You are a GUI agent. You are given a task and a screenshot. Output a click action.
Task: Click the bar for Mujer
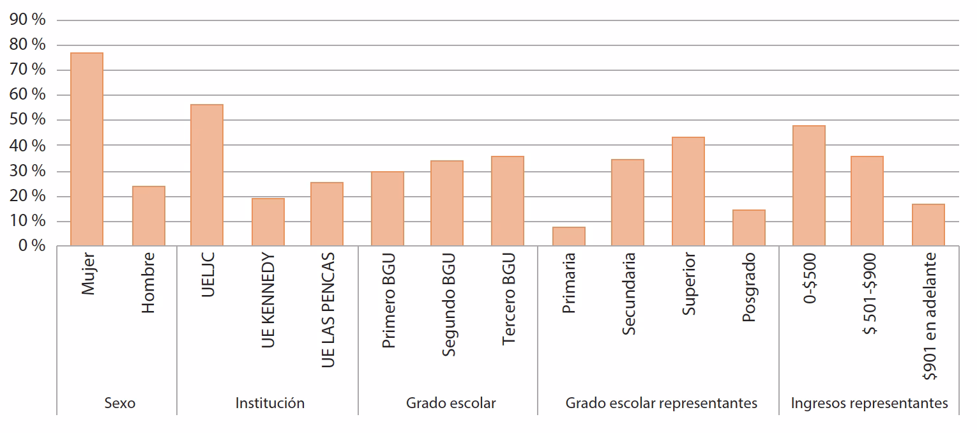coord(87,149)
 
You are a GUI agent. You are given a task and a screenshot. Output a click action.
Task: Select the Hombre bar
coord(148,216)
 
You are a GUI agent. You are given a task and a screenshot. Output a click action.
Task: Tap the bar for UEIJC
coord(207,175)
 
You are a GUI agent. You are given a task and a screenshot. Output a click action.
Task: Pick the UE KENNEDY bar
coord(268,222)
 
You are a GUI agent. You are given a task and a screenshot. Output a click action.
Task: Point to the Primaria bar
coord(568,236)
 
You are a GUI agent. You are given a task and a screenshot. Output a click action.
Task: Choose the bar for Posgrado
coord(748,228)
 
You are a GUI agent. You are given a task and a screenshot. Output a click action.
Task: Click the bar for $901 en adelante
coord(928,225)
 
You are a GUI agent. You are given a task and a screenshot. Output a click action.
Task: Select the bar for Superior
coord(688,192)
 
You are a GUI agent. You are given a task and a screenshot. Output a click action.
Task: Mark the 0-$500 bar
coord(808,186)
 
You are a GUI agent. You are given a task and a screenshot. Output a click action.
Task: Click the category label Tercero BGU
coord(508,300)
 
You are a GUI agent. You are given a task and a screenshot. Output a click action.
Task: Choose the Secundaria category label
coord(628,293)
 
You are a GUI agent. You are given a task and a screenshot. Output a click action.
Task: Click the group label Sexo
coord(119,404)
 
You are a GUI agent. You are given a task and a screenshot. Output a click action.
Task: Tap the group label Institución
coord(269,404)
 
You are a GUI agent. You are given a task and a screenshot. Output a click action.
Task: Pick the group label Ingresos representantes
coord(869,404)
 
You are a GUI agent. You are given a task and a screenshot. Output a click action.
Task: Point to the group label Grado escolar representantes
coord(661,404)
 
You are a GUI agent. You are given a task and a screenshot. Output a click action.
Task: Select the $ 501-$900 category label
coord(868,294)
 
